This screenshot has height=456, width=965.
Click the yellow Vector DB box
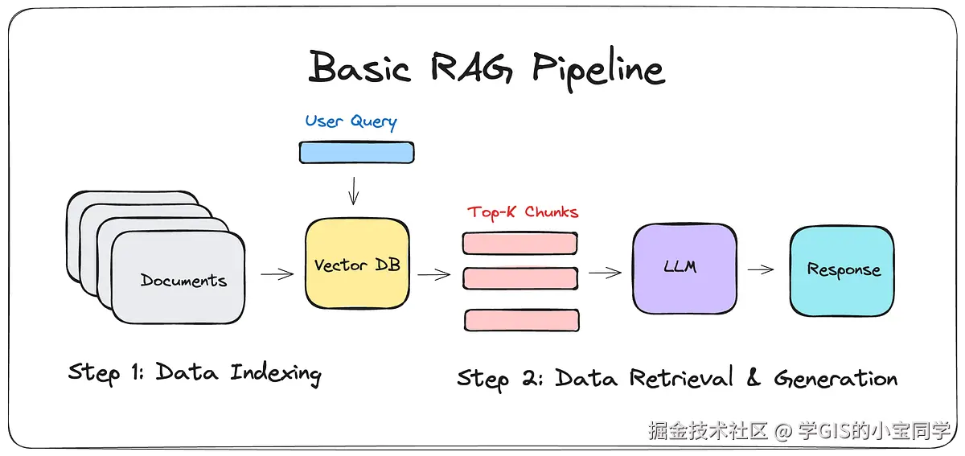click(357, 264)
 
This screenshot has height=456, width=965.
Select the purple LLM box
click(684, 268)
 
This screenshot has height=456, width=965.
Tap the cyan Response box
click(842, 271)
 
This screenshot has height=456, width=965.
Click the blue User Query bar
click(357, 153)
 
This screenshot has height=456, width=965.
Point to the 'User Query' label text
click(351, 121)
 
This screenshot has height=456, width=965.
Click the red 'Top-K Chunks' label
click(523, 212)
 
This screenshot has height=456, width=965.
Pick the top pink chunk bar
click(520, 244)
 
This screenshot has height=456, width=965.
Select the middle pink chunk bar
click(520, 278)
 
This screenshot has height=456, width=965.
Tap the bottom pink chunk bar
click(522, 320)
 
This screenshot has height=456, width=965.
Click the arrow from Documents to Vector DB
click(277, 273)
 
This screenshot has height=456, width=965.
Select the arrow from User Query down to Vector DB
click(353, 191)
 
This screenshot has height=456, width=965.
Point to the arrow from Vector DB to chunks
click(434, 274)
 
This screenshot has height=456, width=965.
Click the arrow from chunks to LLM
click(605, 273)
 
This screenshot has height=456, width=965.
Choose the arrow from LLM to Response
click(761, 269)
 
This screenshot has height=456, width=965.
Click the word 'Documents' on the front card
click(183, 281)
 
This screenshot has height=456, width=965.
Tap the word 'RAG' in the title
click(471, 67)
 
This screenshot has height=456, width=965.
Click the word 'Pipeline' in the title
click(599, 69)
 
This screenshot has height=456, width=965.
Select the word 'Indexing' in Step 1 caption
click(276, 374)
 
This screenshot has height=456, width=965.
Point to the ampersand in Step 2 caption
click(753, 376)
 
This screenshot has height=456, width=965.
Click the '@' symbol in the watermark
click(783, 431)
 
